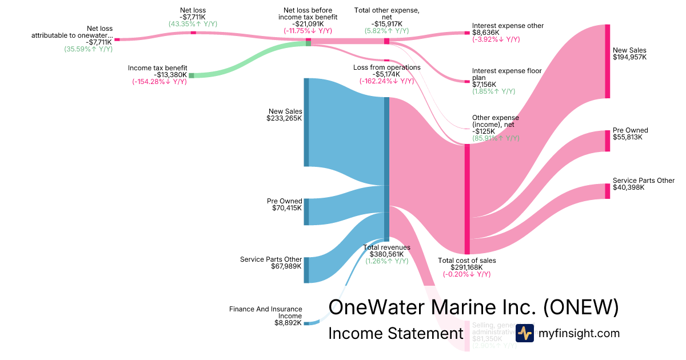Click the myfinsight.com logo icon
tap(524, 333)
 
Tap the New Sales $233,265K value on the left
tap(284, 118)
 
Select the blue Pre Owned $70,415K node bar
tap(306, 211)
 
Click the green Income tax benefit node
tap(192, 75)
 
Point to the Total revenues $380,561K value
tap(387, 254)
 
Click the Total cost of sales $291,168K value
tap(466, 267)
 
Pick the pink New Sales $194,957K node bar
tap(608, 62)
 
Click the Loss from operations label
tap(387, 67)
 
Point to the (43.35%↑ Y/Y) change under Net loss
tap(193, 24)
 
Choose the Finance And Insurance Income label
tap(266, 313)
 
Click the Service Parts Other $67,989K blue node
tap(306, 270)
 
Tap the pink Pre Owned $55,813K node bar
tap(608, 141)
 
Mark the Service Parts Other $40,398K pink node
tap(608, 191)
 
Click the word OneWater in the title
tap(377, 307)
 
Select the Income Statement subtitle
tap(396, 334)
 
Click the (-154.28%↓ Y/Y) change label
tap(159, 82)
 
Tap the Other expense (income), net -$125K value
tap(484, 131)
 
